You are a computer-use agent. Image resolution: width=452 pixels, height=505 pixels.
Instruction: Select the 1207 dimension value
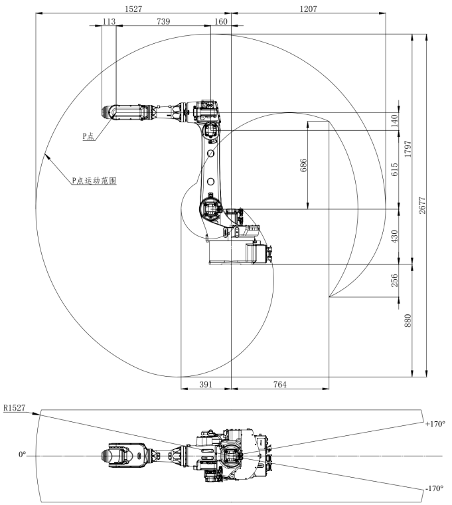click(309, 9)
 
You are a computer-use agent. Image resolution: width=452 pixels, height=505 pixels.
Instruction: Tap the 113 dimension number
click(109, 22)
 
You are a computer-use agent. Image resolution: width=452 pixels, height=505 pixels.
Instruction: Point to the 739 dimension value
click(162, 22)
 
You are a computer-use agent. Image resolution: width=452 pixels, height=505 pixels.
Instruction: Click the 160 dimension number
click(220, 22)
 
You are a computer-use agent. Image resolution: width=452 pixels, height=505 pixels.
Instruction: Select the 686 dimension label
click(303, 166)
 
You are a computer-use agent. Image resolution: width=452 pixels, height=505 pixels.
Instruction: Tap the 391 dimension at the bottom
click(206, 384)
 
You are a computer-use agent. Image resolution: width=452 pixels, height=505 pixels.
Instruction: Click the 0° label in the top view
click(22, 456)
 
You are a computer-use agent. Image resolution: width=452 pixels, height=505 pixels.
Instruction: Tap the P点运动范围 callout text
click(94, 180)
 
